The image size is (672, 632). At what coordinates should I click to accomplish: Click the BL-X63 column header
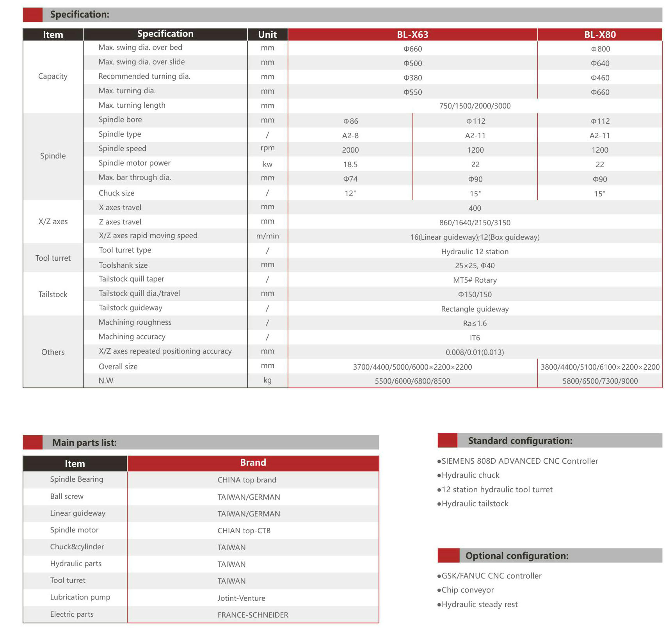pyautogui.click(x=412, y=34)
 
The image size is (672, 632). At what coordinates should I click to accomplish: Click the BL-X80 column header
pyautogui.click(x=600, y=34)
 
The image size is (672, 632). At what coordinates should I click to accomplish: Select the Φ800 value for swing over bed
pyautogui.click(x=600, y=49)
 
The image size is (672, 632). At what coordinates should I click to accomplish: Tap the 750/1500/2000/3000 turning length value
pyautogui.click(x=475, y=106)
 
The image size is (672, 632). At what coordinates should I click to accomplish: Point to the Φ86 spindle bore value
pyautogui.click(x=350, y=121)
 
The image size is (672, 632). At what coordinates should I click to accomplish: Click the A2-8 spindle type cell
pyautogui.click(x=350, y=135)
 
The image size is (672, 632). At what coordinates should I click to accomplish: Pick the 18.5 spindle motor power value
pyautogui.click(x=350, y=164)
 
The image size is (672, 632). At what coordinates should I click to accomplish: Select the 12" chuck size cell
pyautogui.click(x=350, y=193)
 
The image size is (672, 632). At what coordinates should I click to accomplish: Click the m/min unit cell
pyautogui.click(x=267, y=236)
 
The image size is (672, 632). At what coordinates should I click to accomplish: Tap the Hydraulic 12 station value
pyautogui.click(x=475, y=251)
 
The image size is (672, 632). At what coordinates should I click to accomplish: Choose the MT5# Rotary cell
pyautogui.click(x=475, y=280)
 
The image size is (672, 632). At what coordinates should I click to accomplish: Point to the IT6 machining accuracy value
pyautogui.click(x=475, y=338)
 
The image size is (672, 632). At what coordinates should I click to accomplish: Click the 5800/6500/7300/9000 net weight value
pyautogui.click(x=600, y=381)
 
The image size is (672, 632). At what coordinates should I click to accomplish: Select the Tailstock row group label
pyautogui.click(x=53, y=294)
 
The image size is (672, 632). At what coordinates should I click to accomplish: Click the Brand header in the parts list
pyautogui.click(x=253, y=463)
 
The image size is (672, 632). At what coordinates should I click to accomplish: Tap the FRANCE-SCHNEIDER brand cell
pyautogui.click(x=253, y=615)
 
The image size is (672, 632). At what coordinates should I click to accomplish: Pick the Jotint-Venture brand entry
pyautogui.click(x=241, y=598)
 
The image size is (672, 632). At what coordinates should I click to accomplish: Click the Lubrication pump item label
pyautogui.click(x=80, y=597)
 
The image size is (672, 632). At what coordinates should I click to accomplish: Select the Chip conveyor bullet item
pyautogui.click(x=467, y=590)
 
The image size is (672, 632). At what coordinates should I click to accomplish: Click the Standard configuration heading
pyautogui.click(x=520, y=441)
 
